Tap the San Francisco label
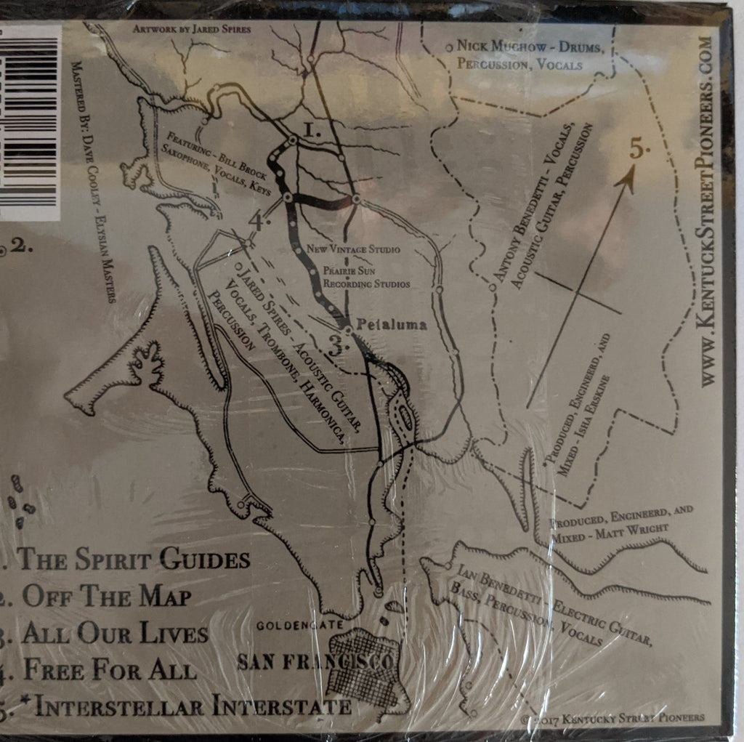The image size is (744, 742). click(x=315, y=662)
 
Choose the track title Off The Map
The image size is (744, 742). click(x=106, y=596)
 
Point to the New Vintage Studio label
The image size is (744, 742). click(x=353, y=249)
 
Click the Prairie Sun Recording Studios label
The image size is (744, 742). click(x=368, y=276)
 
